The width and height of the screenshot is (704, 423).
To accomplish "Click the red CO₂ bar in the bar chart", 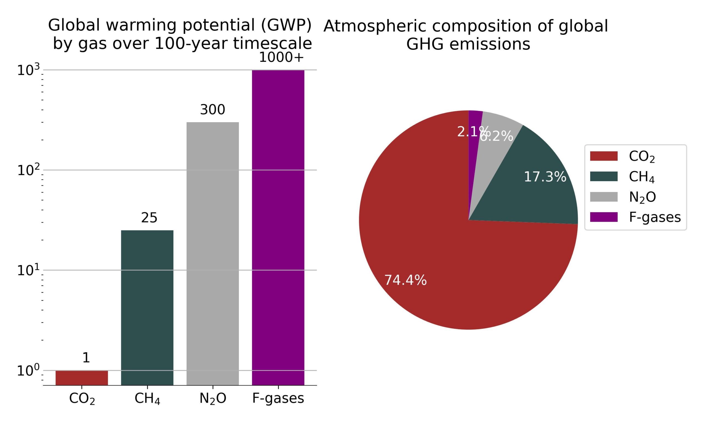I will coord(82,378).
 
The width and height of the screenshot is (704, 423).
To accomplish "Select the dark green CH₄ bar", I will coord(147,308).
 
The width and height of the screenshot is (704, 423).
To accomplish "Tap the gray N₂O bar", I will coord(213,254).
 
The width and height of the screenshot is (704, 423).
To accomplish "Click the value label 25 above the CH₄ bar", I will coord(149,218).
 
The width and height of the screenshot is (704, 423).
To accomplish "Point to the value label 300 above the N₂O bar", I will coord(213,110).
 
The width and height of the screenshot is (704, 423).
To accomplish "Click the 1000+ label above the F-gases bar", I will coord(281,58).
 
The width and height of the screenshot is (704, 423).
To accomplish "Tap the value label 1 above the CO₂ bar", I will coord(86,358).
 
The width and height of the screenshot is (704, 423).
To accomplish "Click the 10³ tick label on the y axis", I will coord(28,70).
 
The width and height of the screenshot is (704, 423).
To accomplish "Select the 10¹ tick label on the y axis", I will coord(28,270).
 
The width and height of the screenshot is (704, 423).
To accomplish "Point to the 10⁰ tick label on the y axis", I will coord(28,371).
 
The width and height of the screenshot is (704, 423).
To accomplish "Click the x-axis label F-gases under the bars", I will coord(278,398).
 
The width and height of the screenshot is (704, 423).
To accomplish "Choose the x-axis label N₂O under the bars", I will coord(213,398).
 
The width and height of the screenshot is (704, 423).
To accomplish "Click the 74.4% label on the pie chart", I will coord(405,280).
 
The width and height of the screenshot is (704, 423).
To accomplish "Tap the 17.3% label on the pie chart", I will coord(545,177).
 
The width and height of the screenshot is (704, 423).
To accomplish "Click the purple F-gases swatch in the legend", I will coord(604,217).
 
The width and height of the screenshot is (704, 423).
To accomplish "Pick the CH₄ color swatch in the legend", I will coord(604,177).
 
